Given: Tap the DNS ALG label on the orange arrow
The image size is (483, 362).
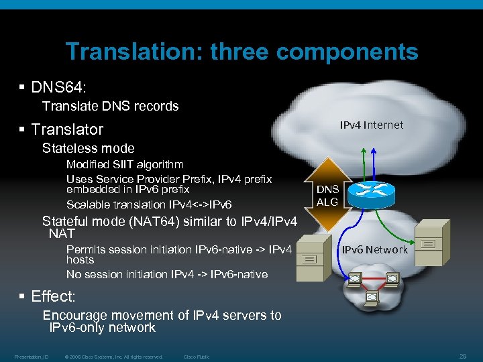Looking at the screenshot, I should tap(328, 195).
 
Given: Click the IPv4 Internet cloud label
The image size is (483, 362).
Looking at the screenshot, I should tap(372, 125).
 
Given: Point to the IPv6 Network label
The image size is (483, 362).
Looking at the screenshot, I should tap(375, 249).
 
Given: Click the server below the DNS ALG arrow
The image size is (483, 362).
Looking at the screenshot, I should tap(311, 257).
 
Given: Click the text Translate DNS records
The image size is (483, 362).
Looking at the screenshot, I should tap(110, 106).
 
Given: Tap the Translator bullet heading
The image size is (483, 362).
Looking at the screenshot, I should tap(67, 129).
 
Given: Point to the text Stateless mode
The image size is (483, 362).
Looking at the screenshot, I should tap(88, 148).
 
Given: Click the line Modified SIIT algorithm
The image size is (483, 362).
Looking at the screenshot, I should tap(125, 164).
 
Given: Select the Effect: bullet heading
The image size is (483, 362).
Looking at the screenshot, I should tap(53, 296).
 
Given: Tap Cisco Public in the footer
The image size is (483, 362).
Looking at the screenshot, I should tap(197, 357).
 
